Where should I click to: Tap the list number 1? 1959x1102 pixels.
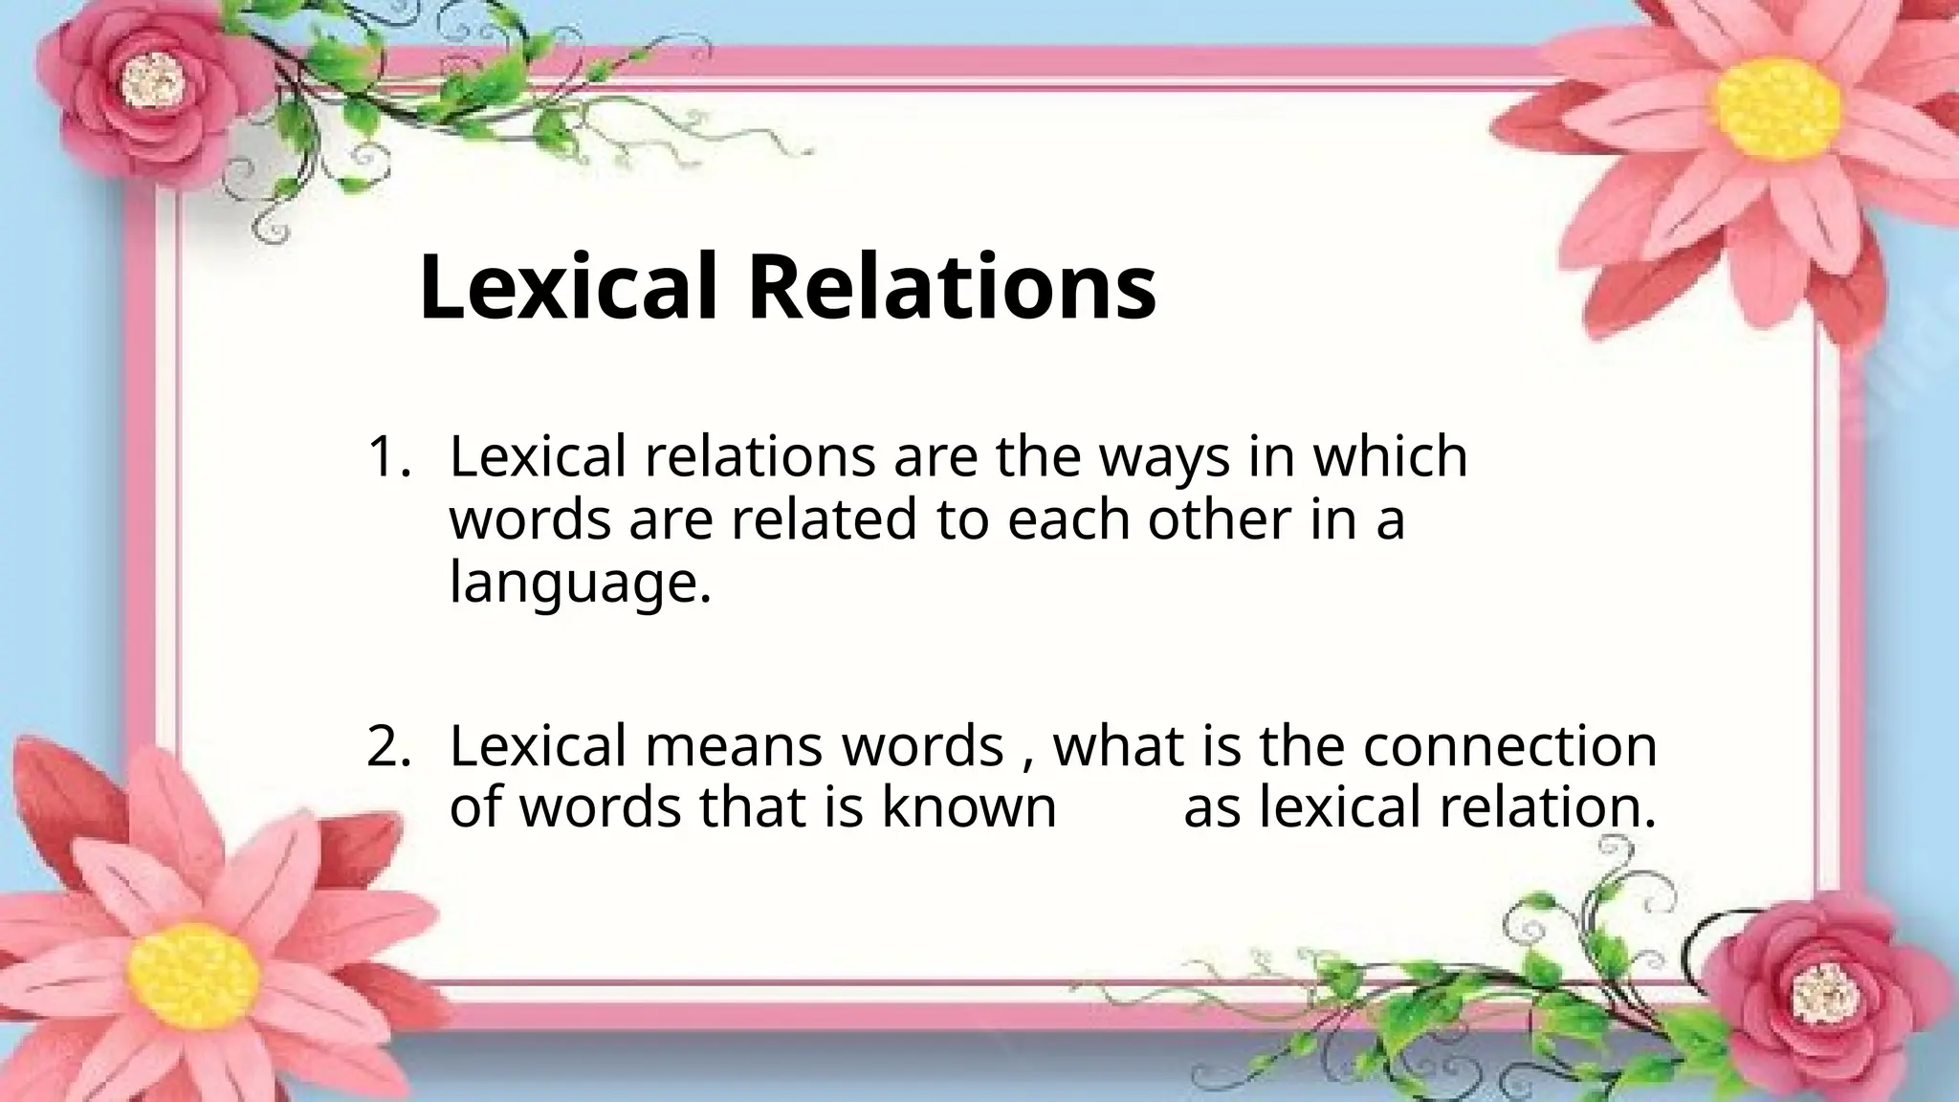click(x=387, y=456)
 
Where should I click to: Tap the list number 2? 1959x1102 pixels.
click(x=387, y=746)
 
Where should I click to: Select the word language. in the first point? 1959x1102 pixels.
click(x=581, y=584)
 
